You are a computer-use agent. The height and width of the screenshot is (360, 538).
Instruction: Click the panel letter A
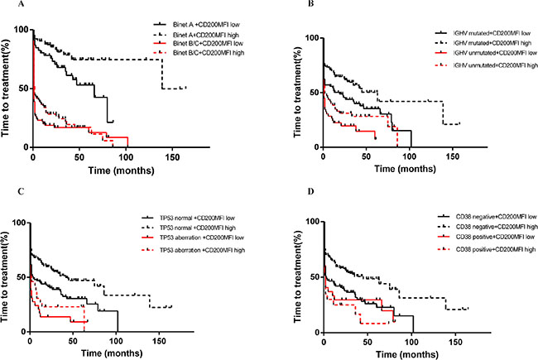point(6,7)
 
